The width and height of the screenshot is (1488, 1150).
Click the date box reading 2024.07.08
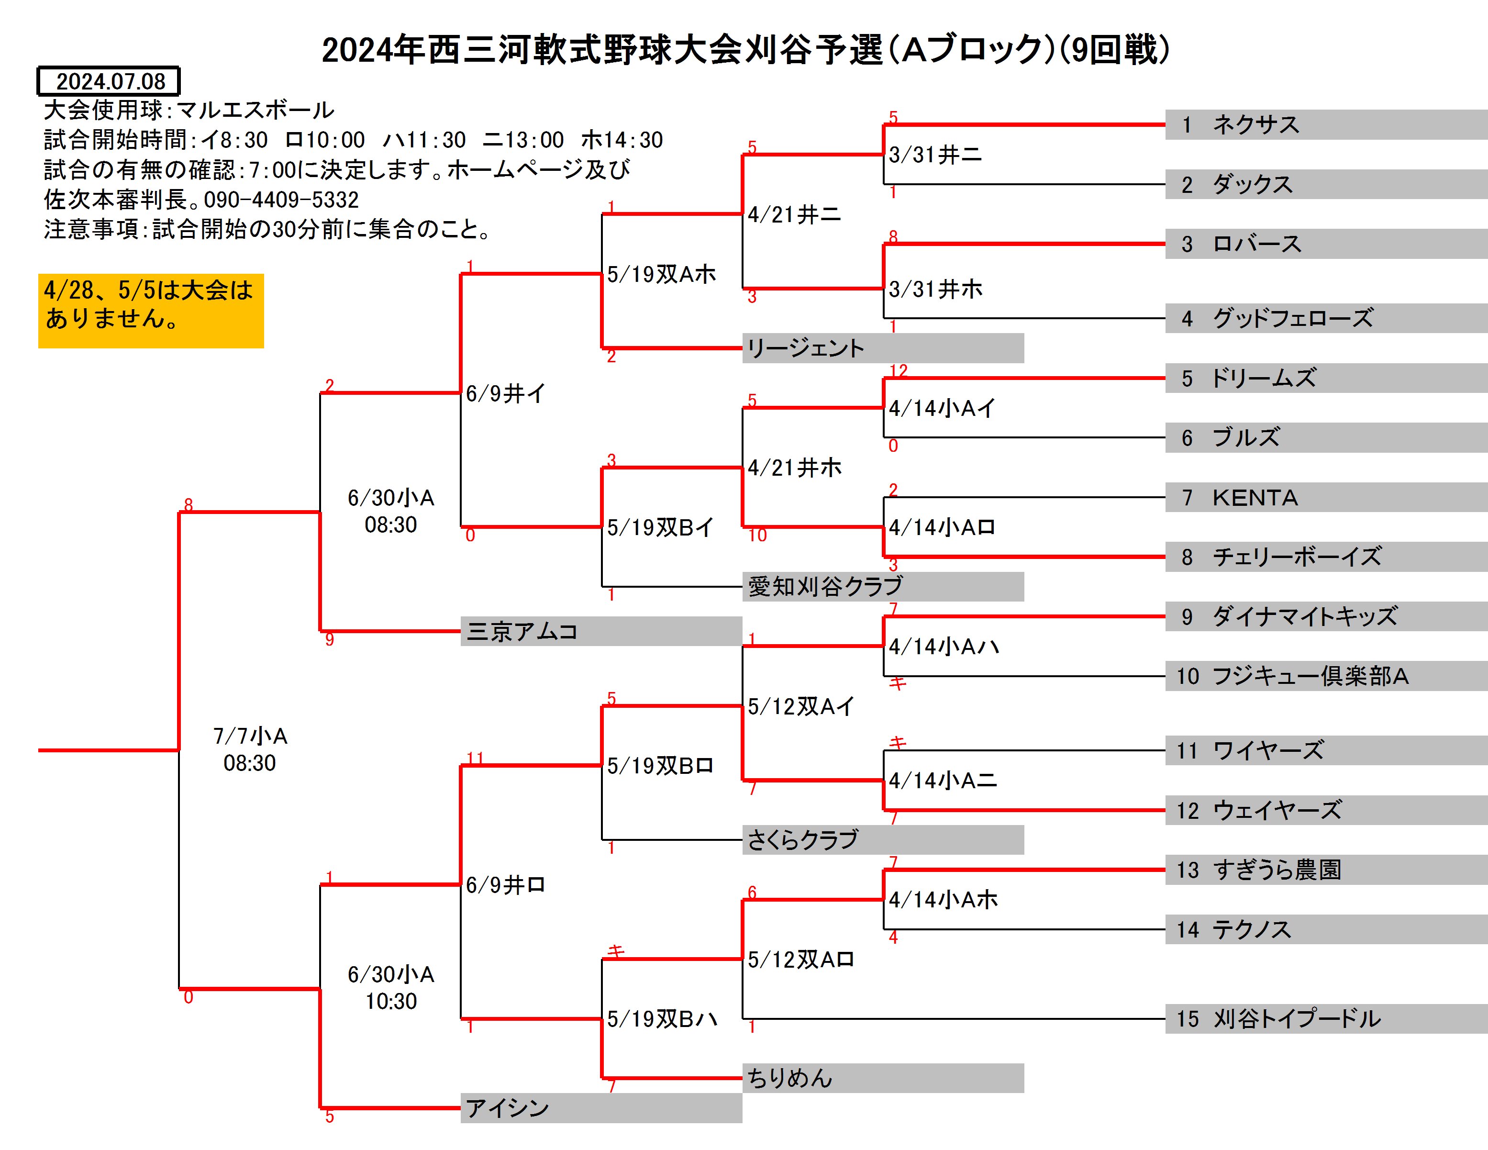coord(108,81)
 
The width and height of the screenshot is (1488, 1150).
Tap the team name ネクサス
coord(1255,125)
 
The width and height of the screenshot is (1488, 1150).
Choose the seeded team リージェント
coord(882,348)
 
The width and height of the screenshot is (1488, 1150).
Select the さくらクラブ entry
coord(882,840)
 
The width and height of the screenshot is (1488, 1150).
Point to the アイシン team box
coord(601,1108)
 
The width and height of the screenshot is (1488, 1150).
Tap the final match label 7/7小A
coord(250,736)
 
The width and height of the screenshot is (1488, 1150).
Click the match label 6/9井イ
coord(506,393)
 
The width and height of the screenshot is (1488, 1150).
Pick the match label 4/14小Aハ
coord(944,647)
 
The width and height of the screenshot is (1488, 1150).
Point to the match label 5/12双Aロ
coord(800,959)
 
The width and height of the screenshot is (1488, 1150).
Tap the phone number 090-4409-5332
coord(281,200)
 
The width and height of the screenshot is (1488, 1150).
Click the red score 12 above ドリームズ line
coord(899,370)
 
